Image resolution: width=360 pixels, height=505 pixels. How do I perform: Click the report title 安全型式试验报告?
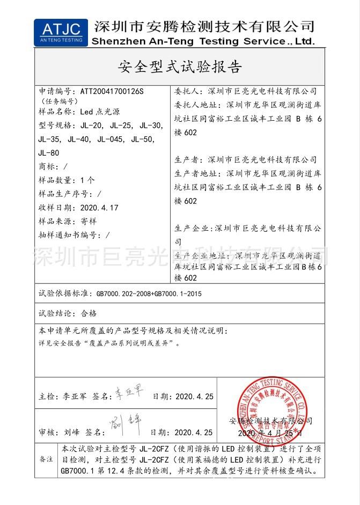(180, 67)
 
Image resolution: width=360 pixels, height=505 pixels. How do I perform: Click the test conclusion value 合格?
(88, 313)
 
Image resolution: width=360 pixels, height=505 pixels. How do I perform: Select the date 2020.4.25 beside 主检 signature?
(194, 397)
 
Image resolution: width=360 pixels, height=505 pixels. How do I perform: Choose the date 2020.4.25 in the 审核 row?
(194, 432)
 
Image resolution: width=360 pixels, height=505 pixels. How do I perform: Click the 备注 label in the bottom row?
(46, 459)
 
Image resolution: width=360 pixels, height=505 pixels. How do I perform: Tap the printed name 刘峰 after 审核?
(71, 432)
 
